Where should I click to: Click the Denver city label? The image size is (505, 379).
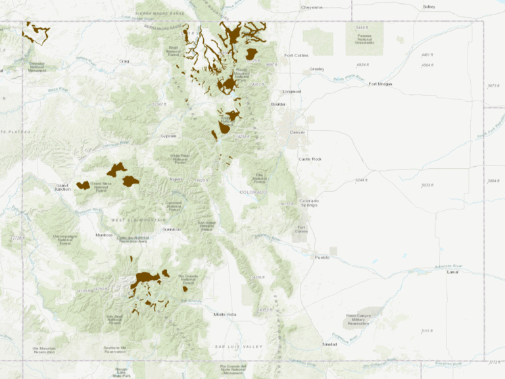(298, 132)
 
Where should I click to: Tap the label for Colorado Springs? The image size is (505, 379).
(308, 202)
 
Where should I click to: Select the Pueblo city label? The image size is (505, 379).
(322, 257)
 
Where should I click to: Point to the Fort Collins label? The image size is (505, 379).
(296, 55)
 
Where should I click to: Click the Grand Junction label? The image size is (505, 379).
(62, 188)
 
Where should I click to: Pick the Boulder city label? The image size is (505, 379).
(278, 104)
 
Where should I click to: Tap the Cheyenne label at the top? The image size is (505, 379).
(312, 7)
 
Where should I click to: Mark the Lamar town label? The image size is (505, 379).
(452, 271)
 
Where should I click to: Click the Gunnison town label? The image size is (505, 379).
(172, 229)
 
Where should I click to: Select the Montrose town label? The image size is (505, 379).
(104, 234)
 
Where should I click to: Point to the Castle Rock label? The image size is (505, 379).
(309, 159)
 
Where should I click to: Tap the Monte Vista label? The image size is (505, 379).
(224, 315)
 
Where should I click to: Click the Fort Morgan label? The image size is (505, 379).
(380, 84)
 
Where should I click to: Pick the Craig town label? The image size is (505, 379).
(124, 61)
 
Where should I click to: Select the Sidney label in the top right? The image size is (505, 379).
(429, 7)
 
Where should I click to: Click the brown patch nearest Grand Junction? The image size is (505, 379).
(83, 185)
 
